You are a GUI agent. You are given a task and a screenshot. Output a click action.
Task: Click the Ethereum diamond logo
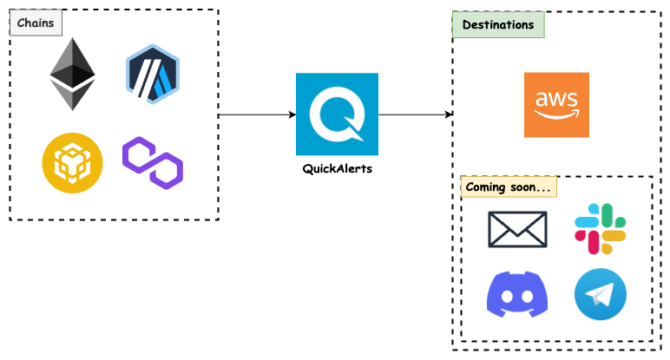(72, 74)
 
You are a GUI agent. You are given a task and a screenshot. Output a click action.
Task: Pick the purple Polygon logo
(153, 161)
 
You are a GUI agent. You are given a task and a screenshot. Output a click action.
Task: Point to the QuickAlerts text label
(337, 168)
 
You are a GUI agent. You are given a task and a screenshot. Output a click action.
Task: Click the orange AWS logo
(556, 104)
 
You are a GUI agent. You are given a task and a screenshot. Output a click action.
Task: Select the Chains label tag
(36, 23)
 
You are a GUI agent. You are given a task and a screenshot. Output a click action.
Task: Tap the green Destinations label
(498, 25)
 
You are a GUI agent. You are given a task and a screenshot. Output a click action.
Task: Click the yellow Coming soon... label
(508, 187)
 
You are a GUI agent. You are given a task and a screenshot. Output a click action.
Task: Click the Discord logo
(517, 294)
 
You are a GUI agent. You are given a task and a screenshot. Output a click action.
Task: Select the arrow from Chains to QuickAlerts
(256, 115)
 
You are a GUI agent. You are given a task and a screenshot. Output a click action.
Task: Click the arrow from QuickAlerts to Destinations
(415, 115)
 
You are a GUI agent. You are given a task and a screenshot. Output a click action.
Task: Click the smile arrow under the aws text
(557, 114)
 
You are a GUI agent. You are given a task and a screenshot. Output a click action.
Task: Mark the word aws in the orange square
(556, 98)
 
